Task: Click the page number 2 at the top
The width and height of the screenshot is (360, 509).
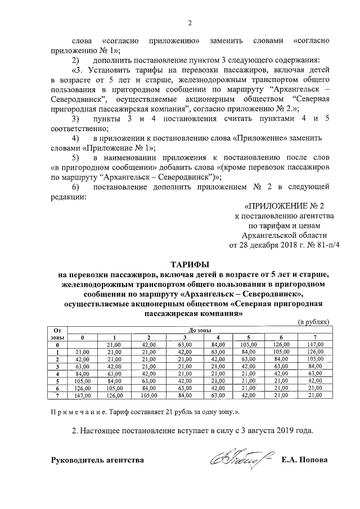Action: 190,23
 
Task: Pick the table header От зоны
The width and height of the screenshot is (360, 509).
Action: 57,332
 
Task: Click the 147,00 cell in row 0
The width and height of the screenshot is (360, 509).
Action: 314,344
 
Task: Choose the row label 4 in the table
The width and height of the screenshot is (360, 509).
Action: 57,373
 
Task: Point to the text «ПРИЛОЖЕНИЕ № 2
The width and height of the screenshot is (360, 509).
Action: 285,206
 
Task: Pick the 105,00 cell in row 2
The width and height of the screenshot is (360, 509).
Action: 314,359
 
